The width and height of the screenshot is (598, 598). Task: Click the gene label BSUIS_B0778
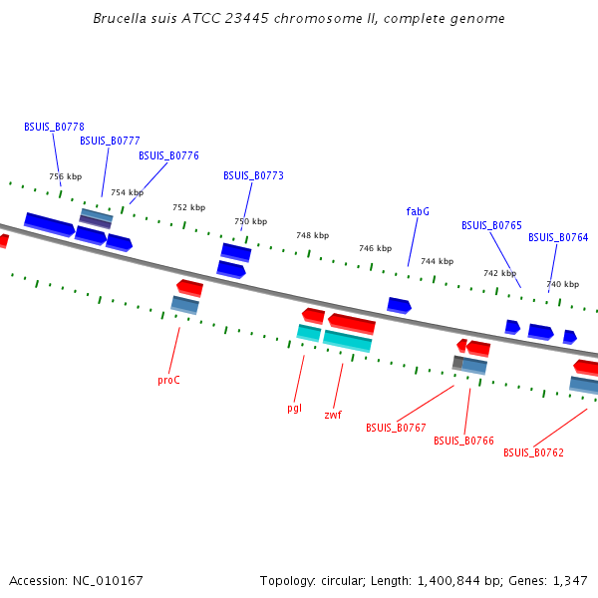54,128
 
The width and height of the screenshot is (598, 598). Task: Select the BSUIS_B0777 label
110,142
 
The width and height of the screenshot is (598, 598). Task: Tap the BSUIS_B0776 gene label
168,156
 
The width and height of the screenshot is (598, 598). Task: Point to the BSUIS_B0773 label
253,176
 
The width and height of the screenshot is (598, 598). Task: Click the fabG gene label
418,211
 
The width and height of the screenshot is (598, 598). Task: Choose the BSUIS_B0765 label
491,226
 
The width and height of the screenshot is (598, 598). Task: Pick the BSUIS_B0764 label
558,238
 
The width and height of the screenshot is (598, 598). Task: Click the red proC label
168,380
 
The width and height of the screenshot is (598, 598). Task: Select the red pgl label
294,408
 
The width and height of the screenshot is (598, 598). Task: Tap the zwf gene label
333,415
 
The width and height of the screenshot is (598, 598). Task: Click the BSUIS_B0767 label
396,429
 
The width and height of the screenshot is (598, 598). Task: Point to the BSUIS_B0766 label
463,441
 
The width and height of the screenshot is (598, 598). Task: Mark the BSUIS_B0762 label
533,453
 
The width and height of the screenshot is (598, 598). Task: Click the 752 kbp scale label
188,208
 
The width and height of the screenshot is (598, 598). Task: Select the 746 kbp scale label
375,248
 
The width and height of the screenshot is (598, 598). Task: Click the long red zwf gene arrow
352,324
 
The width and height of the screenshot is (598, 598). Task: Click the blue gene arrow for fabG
399,305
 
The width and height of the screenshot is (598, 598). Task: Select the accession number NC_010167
105,581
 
